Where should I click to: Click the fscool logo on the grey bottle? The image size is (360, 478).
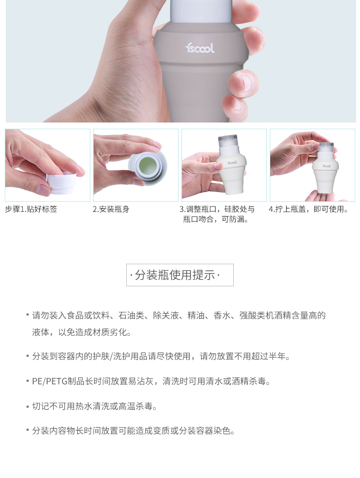pos(200,48)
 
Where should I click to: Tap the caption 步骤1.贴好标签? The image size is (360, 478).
pos(31,209)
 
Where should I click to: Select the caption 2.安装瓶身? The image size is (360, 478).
pos(111,209)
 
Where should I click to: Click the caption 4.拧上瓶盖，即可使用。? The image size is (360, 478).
pos(309,209)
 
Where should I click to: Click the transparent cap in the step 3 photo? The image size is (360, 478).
pos(227,141)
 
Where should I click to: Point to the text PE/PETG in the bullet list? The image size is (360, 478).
pos(49,381)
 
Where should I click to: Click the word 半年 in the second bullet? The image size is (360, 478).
pos(277,356)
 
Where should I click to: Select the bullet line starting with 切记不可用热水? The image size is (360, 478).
pos(95,406)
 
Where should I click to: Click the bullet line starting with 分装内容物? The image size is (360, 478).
pos(133,431)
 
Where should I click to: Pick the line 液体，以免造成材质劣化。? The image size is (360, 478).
pos(82,332)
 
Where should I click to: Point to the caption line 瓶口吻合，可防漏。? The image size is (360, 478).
pos(216,219)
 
